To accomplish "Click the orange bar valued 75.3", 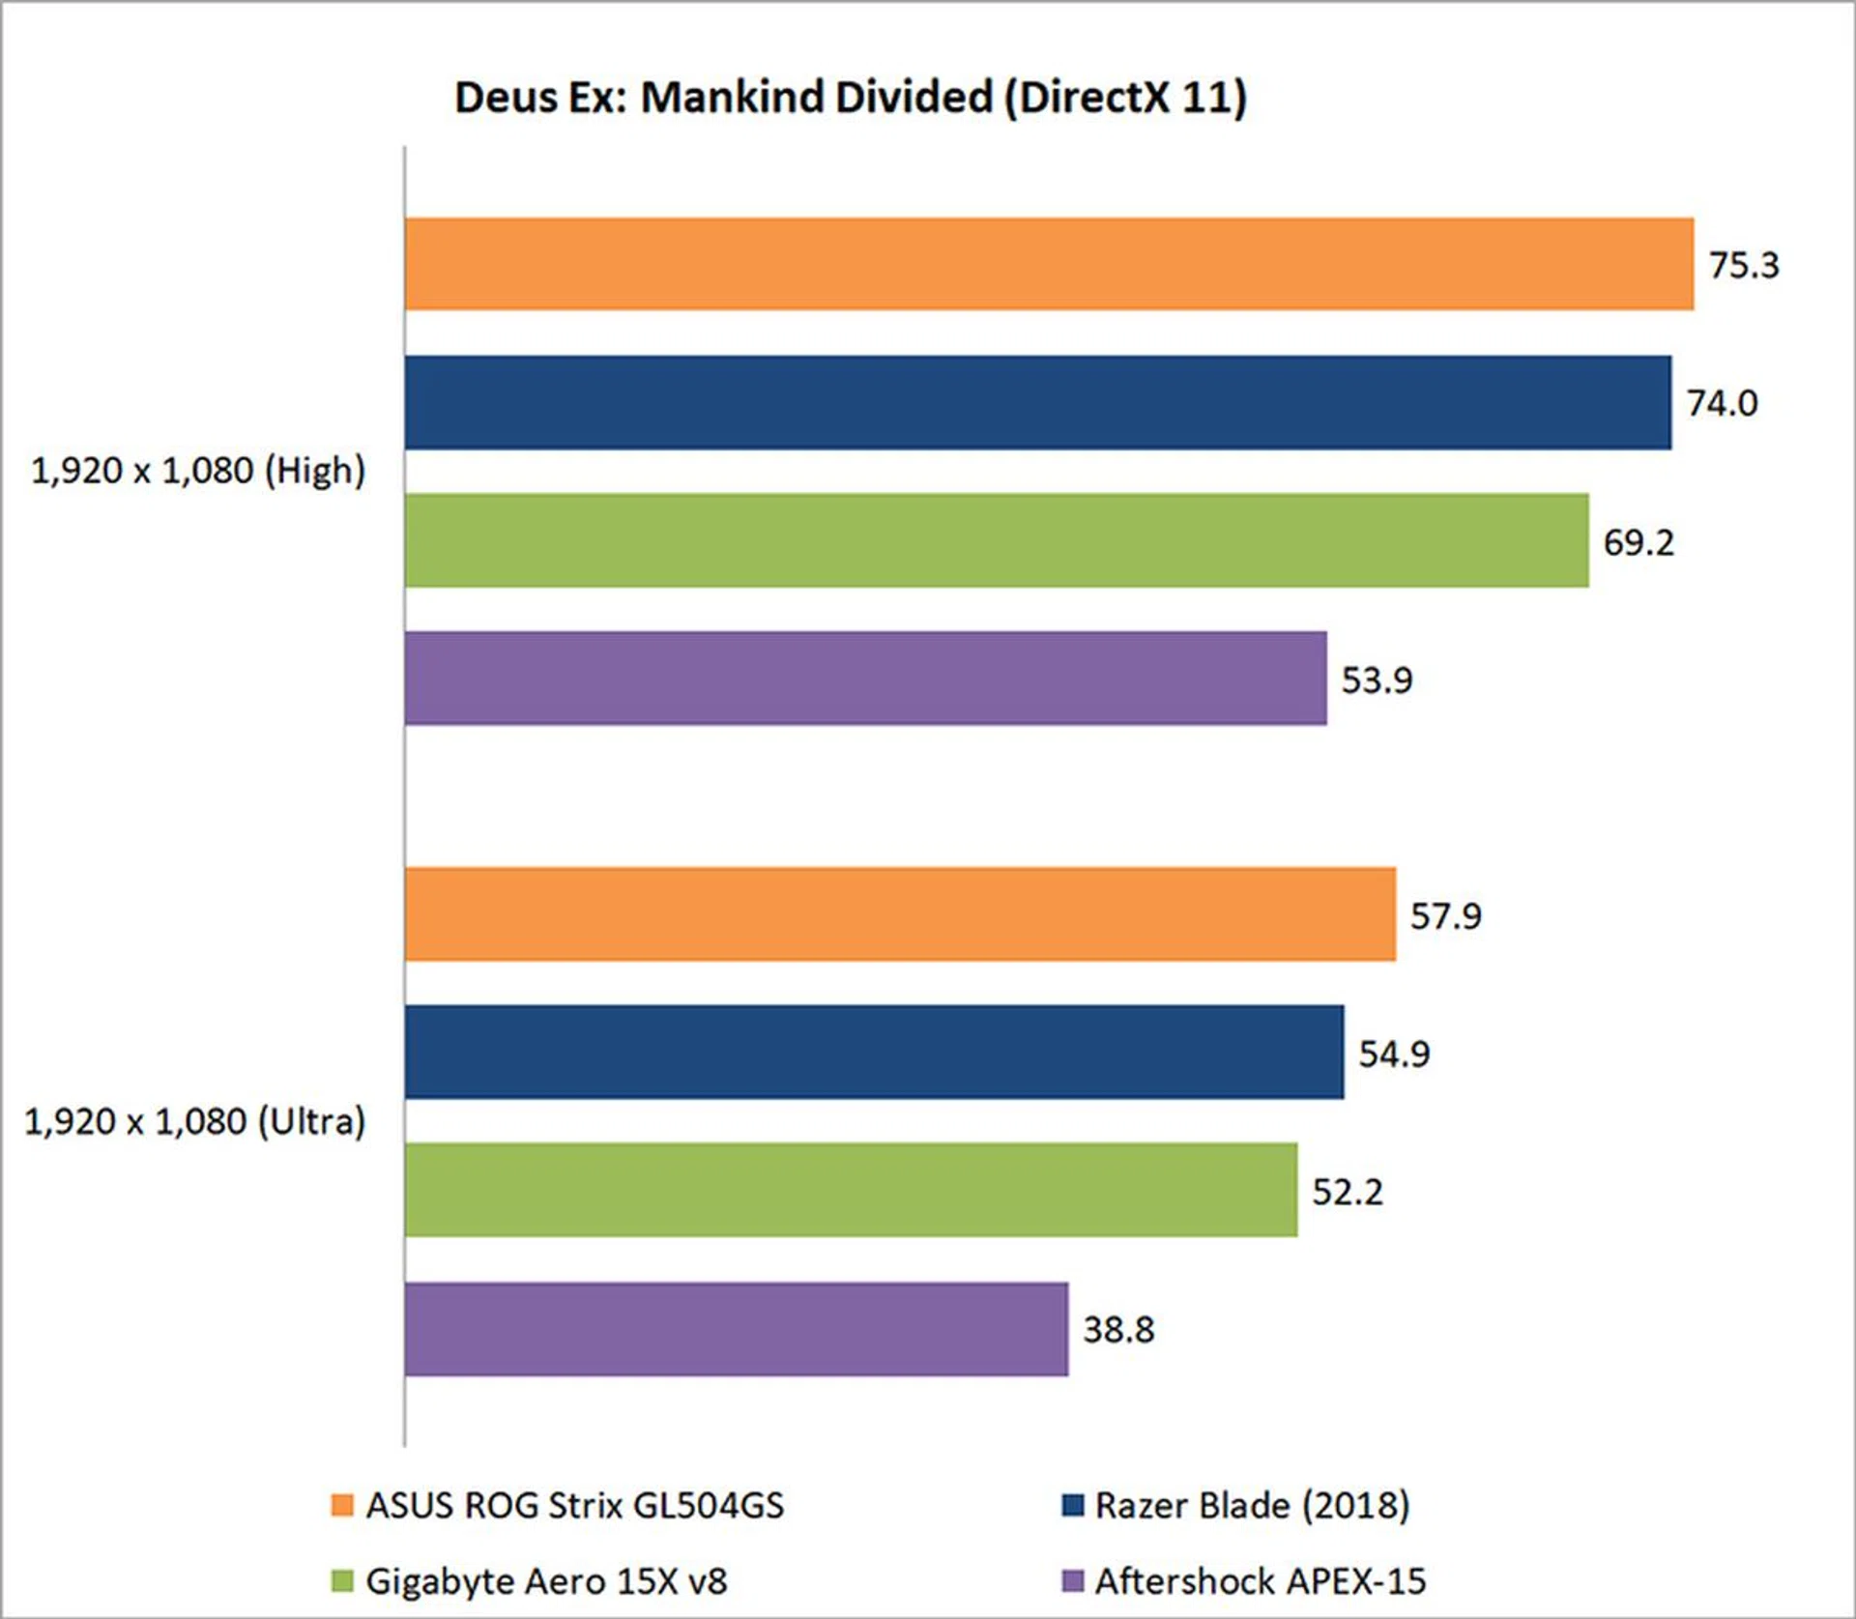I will tap(1049, 264).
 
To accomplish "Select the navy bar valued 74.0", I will tap(1037, 402).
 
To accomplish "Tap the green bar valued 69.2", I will tap(996, 540).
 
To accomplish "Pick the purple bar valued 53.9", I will tap(865, 679).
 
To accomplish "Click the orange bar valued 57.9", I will tap(899, 914).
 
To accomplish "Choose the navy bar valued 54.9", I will tap(874, 1052).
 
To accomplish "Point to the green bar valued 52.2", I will tap(851, 1190).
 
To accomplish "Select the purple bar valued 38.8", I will tap(736, 1329).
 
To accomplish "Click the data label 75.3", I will tap(1743, 265).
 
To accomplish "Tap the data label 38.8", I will tap(1118, 1330).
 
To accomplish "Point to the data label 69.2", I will tap(1638, 542).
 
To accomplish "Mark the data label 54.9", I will tap(1394, 1054).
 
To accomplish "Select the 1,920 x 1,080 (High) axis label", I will tap(198, 471).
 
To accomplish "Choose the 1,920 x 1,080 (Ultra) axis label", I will tap(194, 1121).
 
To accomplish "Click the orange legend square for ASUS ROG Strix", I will tap(342, 1505).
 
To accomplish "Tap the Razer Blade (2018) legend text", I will tap(1252, 1505).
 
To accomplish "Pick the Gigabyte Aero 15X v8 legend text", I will tap(546, 1581).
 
